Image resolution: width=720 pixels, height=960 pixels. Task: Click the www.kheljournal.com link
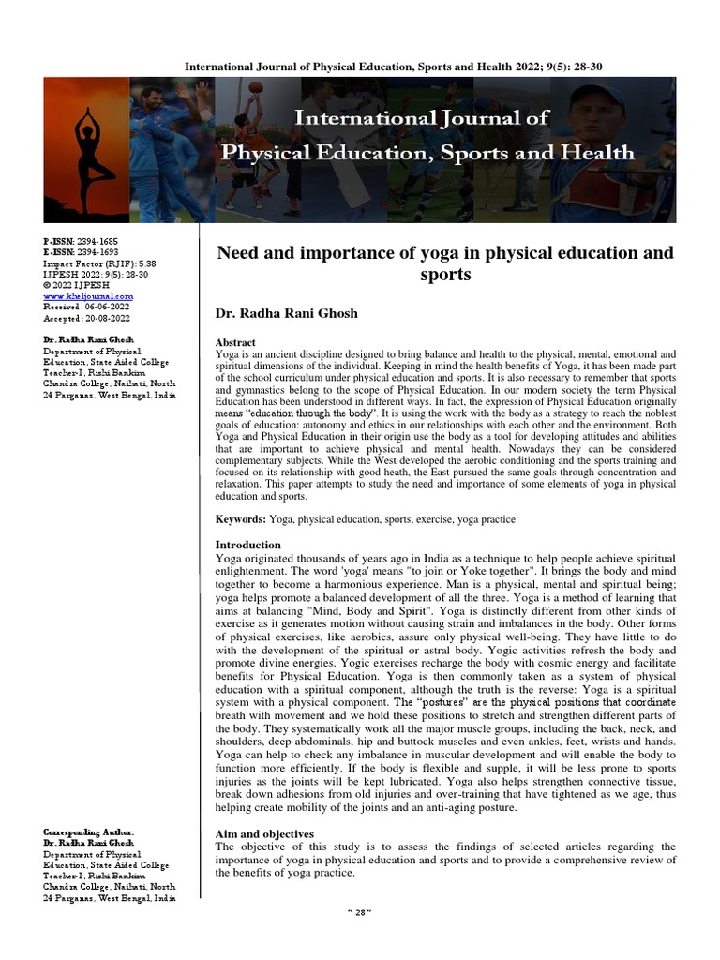coord(82,295)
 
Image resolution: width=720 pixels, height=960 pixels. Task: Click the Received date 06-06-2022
coord(83,306)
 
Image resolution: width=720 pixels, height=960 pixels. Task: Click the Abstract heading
coord(235,343)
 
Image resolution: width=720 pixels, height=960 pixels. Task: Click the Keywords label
coord(241,518)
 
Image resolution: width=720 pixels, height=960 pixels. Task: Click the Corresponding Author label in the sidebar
coord(89,832)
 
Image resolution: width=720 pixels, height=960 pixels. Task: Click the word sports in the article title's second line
coord(445,276)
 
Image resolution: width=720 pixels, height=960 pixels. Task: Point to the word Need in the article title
coord(238,253)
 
